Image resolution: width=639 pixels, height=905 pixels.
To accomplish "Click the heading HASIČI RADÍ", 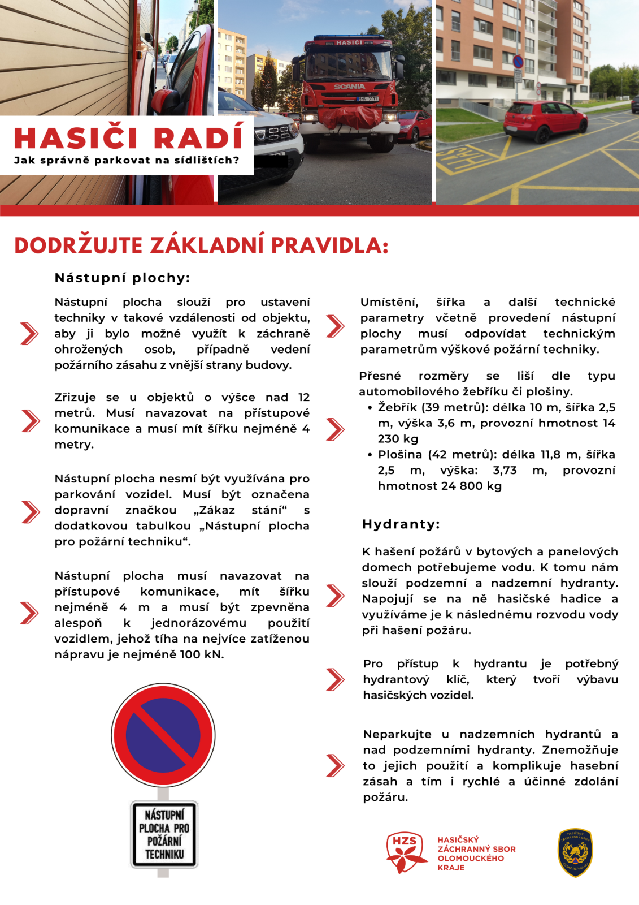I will pos(129,138).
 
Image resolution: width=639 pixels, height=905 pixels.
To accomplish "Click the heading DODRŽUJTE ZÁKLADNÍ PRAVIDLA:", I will pos(201,246).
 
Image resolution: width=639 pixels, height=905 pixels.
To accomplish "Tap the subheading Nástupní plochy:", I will pos(122,278).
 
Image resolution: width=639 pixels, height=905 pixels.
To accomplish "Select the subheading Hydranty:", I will pos(401,524).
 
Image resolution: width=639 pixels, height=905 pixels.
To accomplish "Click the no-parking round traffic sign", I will pos(163,735).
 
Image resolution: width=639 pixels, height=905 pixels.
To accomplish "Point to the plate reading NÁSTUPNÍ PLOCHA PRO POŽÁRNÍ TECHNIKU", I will pos(164,834).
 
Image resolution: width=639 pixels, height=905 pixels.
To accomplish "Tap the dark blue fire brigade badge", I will pos(575,853).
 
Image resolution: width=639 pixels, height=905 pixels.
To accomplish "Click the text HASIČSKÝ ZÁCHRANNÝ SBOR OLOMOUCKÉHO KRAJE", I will pos(476,854).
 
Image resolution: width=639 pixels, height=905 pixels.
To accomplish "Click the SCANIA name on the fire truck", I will pos(349,87).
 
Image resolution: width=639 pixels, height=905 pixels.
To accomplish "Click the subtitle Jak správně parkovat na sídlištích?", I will pos(127,161).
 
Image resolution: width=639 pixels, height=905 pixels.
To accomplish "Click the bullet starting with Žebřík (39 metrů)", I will pos(496,423).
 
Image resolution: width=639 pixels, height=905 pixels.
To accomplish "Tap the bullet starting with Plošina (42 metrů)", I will pos(496,470).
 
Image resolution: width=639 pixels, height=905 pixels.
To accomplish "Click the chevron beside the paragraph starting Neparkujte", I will pos(335,765).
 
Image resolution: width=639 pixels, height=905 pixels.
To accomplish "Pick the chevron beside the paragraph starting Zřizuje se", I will pos(30,420).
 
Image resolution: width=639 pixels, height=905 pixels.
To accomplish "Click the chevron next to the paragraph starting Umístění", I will pos(335,326).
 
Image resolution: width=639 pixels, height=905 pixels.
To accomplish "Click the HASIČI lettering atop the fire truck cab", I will pos(349,42).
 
